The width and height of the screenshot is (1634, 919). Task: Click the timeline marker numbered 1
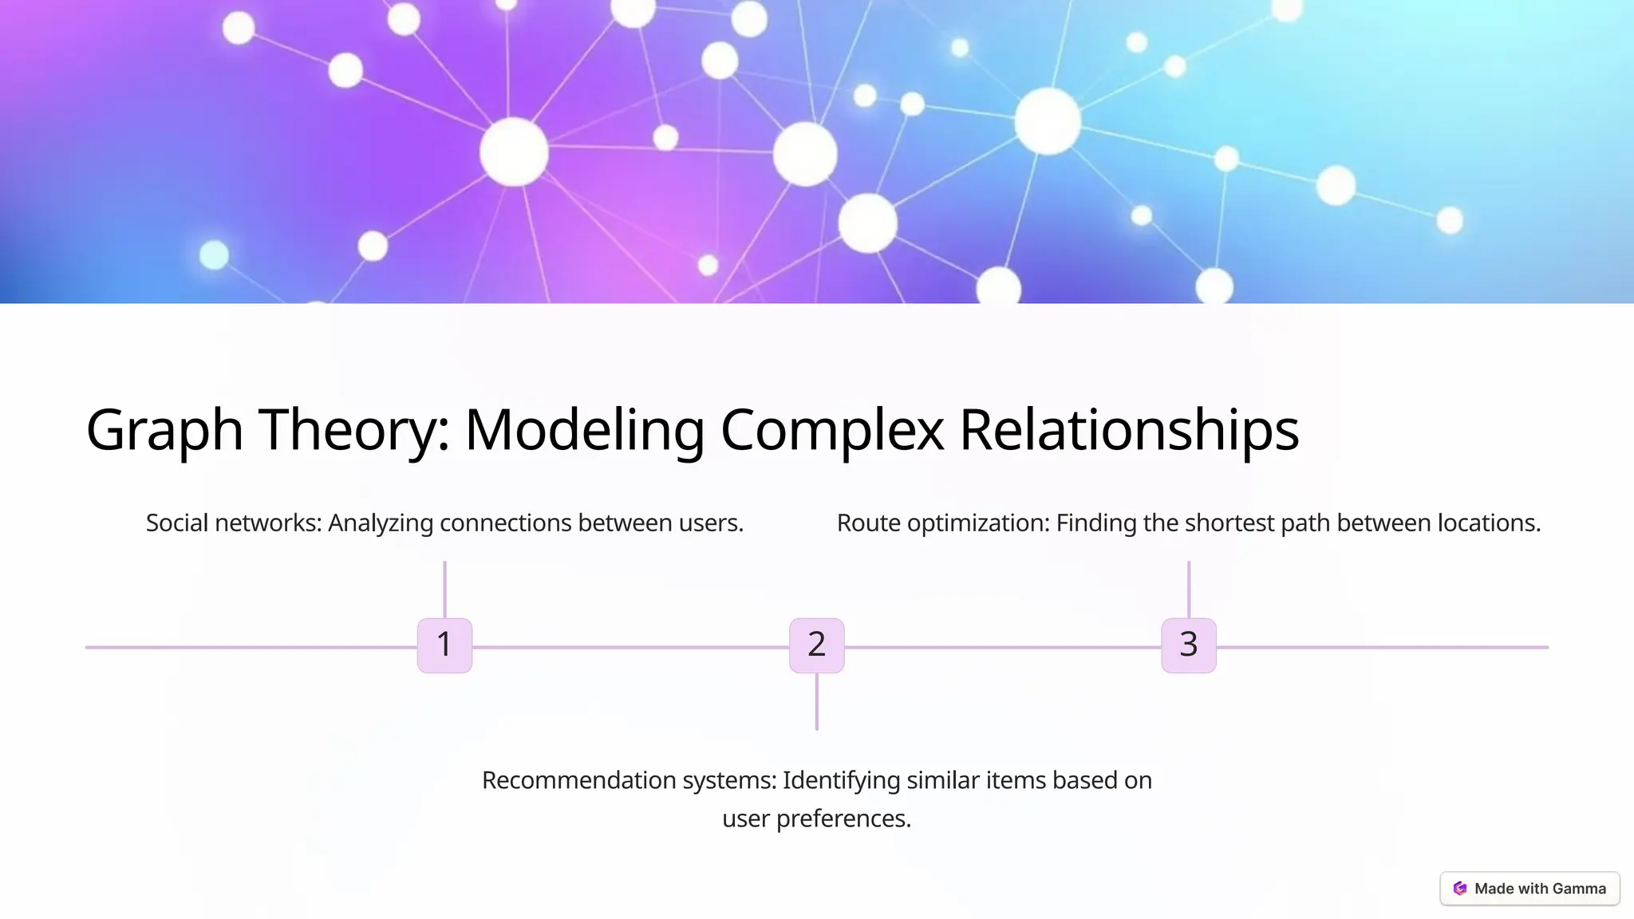click(x=444, y=645)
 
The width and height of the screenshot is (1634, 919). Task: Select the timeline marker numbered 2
click(x=816, y=645)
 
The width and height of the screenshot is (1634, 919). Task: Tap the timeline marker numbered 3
click(x=1188, y=645)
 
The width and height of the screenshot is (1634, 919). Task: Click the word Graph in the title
click(x=164, y=431)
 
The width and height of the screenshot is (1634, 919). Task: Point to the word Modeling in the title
click(x=584, y=431)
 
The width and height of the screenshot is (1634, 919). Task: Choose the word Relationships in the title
click(x=1128, y=431)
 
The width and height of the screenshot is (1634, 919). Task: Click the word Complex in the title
click(x=831, y=431)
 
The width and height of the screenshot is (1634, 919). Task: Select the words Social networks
click(x=233, y=523)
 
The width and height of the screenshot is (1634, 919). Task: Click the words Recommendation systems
click(x=629, y=780)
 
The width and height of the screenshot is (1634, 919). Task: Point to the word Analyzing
click(x=381, y=523)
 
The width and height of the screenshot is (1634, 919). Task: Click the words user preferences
click(x=816, y=818)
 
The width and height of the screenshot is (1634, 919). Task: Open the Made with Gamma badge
click(x=1529, y=889)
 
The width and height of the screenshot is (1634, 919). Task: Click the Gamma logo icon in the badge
click(x=1460, y=889)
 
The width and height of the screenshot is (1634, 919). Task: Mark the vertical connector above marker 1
click(x=444, y=589)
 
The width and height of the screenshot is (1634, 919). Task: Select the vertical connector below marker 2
click(x=816, y=702)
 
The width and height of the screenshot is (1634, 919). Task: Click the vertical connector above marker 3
click(x=1188, y=589)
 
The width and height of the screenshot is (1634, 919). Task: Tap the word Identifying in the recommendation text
click(x=841, y=780)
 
